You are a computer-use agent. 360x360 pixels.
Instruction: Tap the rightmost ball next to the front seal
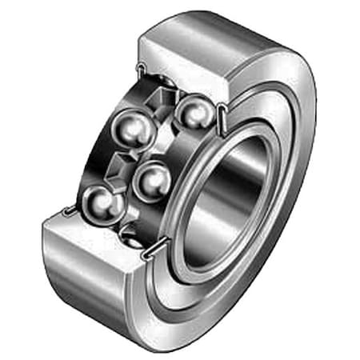pyautogui.click(x=191, y=111)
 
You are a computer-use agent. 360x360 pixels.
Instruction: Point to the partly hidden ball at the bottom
pyautogui.click(x=132, y=233)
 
